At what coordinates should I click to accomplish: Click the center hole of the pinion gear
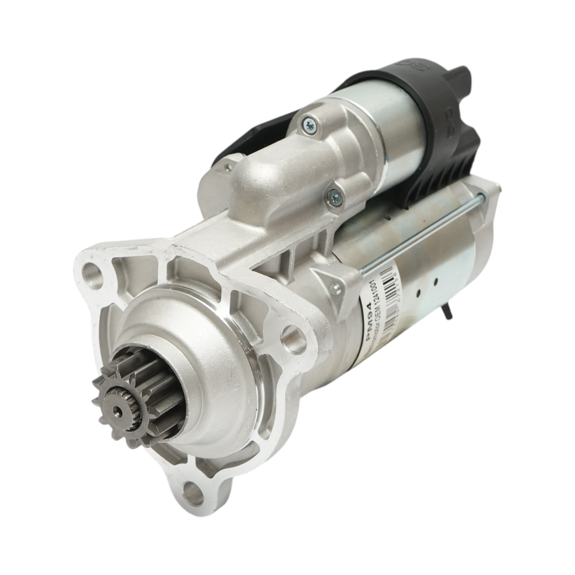[117, 397]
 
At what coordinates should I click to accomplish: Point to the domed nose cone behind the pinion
[182, 379]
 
